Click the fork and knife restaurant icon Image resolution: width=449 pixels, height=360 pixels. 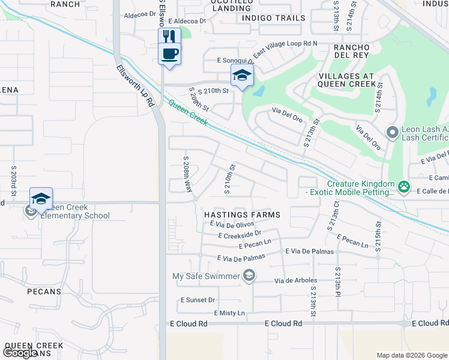tap(169, 35)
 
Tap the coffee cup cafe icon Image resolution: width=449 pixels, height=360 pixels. tap(169, 53)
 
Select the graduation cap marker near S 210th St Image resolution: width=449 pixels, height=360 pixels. tap(242, 76)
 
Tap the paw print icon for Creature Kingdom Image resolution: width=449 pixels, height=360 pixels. tap(405, 188)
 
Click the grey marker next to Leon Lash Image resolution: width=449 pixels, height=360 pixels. tap(393, 132)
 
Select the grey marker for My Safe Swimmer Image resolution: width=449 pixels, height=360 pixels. tap(249, 276)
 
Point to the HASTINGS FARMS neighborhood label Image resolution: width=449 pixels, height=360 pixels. tap(237, 214)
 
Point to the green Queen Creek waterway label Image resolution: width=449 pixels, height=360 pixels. tap(187, 113)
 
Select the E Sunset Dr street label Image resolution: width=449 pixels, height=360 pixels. tap(197, 299)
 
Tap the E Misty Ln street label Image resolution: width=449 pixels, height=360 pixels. tap(229, 313)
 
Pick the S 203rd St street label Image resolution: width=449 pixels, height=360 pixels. tap(13, 180)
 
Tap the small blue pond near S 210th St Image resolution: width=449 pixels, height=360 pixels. tap(259, 92)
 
